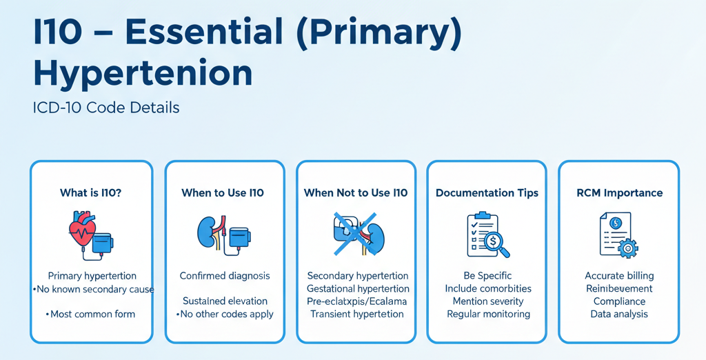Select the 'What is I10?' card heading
coord(91,193)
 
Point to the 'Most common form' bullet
coord(92,314)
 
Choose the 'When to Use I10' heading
coord(223,193)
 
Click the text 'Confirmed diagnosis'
coord(225,276)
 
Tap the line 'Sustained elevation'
coord(225,301)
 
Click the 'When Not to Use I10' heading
coord(356,193)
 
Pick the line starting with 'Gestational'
coord(358,289)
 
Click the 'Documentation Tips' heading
coord(487,193)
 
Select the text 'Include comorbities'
coord(488,289)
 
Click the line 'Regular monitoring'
coord(488,314)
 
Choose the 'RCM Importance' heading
coord(619,193)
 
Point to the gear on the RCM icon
coord(628,248)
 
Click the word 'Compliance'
coord(619,301)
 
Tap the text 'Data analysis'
coord(619,314)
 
